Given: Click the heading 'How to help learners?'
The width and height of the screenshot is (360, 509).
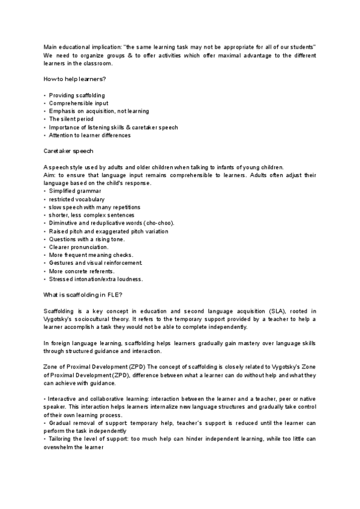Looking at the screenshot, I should coord(73,79).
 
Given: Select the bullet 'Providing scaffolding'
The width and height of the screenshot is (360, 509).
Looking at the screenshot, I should coord(77,95).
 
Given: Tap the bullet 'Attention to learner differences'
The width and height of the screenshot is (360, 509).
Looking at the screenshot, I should coord(89,135).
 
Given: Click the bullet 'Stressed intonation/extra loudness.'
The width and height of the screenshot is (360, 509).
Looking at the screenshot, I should coord(96,279).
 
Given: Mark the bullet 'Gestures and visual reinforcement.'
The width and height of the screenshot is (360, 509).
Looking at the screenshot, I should coord(96,263).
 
